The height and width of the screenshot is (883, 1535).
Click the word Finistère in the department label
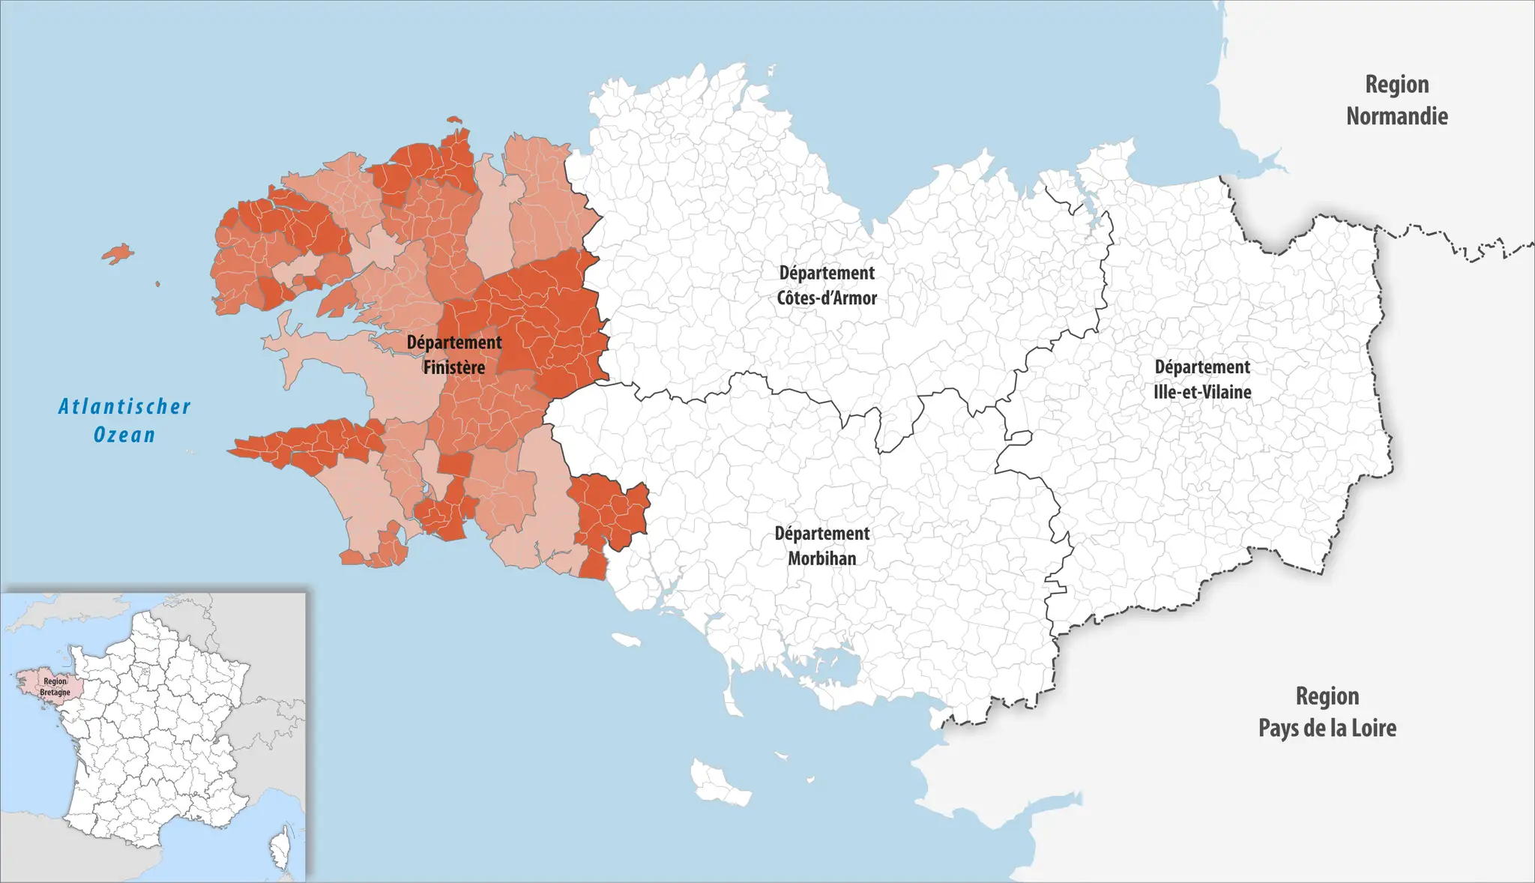(453, 368)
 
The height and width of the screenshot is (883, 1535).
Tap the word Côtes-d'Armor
(826, 298)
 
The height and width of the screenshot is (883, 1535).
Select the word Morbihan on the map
(821, 558)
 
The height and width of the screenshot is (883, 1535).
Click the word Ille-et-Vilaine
(1202, 392)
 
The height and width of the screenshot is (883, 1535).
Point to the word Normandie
(1396, 116)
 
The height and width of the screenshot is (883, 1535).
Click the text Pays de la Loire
(1327, 728)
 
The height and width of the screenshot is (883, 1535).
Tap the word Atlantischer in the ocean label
(124, 407)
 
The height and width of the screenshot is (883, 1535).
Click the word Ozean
(124, 435)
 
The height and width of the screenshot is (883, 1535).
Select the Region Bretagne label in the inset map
(55, 687)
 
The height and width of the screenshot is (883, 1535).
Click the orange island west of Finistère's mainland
(118, 253)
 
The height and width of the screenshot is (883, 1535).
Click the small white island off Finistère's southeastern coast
(626, 639)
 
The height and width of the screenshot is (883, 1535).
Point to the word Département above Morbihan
(821, 534)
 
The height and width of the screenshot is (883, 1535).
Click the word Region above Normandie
(1396, 84)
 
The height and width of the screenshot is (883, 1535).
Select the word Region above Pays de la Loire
(1327, 696)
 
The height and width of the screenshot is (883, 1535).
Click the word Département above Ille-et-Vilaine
(1202, 367)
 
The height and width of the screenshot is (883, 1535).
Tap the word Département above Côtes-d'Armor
(826, 273)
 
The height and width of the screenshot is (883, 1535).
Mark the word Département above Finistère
(453, 343)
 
